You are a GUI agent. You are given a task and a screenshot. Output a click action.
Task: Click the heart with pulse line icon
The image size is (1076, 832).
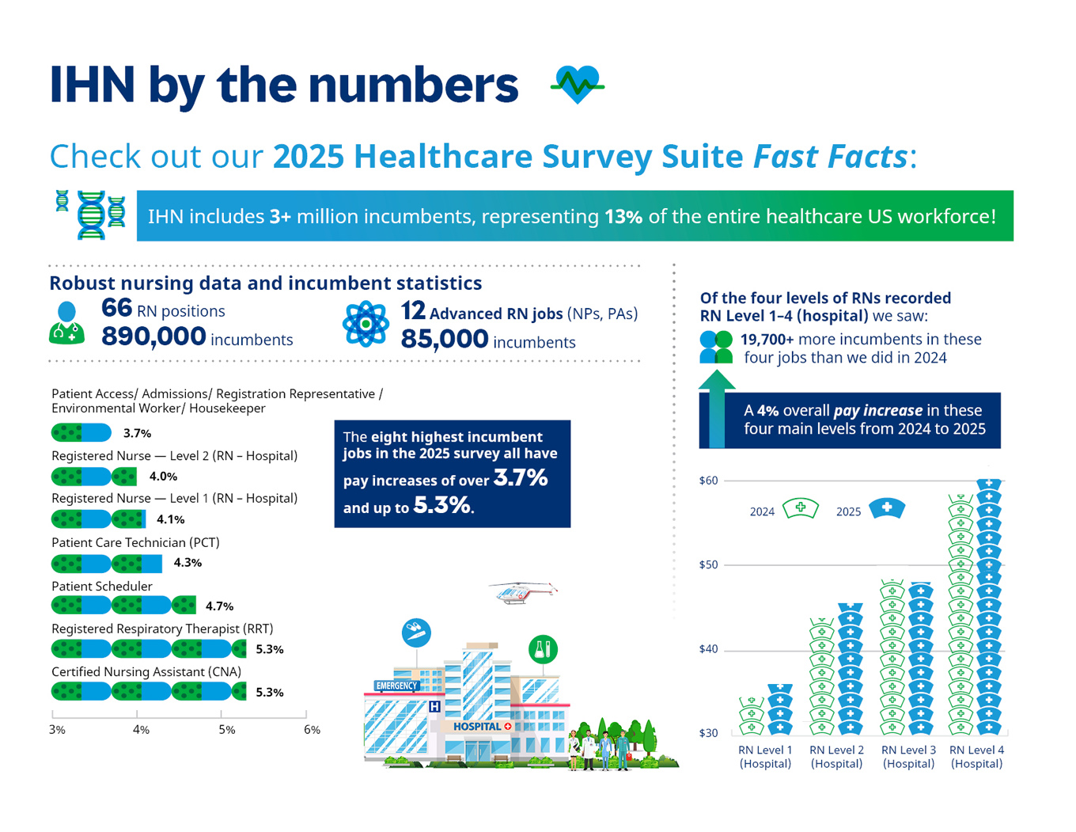(x=578, y=83)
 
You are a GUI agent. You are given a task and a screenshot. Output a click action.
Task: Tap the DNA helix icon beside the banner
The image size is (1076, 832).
(x=92, y=215)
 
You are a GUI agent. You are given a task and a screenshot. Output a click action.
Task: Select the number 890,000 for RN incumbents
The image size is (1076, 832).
(x=153, y=336)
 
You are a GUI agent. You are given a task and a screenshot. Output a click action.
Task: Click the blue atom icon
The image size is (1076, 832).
(x=366, y=324)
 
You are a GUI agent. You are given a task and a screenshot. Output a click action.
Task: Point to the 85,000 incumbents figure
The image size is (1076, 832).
(x=444, y=340)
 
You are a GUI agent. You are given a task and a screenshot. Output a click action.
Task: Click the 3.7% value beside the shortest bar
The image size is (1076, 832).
(x=137, y=433)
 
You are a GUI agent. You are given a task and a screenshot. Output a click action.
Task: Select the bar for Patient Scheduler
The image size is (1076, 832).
(x=123, y=606)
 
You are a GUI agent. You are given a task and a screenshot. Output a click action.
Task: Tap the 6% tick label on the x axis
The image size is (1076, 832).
(x=312, y=730)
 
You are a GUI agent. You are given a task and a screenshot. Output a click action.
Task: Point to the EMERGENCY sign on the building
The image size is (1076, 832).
(x=396, y=686)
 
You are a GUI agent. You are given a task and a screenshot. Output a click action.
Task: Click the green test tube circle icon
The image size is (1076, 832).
(x=543, y=649)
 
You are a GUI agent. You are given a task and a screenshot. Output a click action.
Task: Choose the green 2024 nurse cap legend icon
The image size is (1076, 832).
(x=800, y=508)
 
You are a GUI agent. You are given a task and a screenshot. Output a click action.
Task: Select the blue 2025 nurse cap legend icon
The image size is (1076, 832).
(x=887, y=508)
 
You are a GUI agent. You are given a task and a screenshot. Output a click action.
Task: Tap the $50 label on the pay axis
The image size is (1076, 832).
(x=708, y=565)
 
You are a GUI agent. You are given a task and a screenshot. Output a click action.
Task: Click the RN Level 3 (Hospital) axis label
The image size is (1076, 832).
(x=908, y=757)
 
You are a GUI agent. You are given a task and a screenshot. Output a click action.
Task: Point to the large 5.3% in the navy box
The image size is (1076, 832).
(x=441, y=506)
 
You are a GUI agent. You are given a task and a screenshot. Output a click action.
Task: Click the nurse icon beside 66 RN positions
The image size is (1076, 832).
(x=66, y=323)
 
